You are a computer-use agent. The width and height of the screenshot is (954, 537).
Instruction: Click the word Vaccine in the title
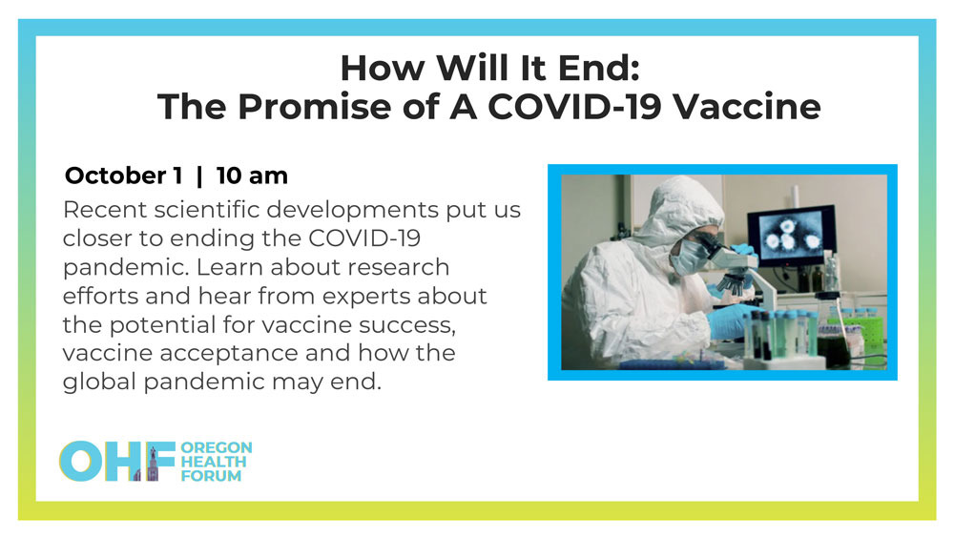[x=747, y=107]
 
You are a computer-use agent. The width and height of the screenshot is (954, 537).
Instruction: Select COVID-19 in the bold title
[x=574, y=107]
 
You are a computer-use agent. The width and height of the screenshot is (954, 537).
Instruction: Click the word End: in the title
[x=599, y=68]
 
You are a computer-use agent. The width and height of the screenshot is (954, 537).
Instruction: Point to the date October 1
[x=123, y=176]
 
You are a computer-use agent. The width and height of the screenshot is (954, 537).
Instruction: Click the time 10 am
[x=252, y=176]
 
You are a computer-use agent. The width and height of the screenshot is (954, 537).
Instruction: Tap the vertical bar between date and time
[x=199, y=176]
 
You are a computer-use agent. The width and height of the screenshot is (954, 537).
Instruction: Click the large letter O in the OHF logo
[x=80, y=462]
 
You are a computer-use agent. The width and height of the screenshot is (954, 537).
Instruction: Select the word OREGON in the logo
[x=217, y=447]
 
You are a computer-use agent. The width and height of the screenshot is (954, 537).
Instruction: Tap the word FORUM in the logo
[x=211, y=476]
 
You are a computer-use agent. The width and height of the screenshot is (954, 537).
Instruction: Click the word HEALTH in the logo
[x=214, y=462]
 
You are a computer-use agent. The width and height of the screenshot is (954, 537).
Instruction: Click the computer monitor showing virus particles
[x=790, y=235]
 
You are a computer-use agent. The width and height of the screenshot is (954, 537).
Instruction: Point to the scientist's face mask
[x=687, y=257]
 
